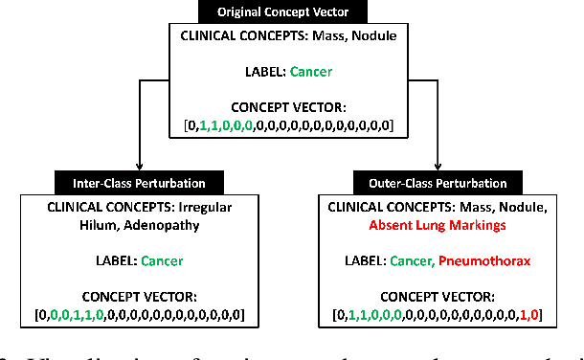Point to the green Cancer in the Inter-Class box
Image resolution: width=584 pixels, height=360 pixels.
tap(161, 259)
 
